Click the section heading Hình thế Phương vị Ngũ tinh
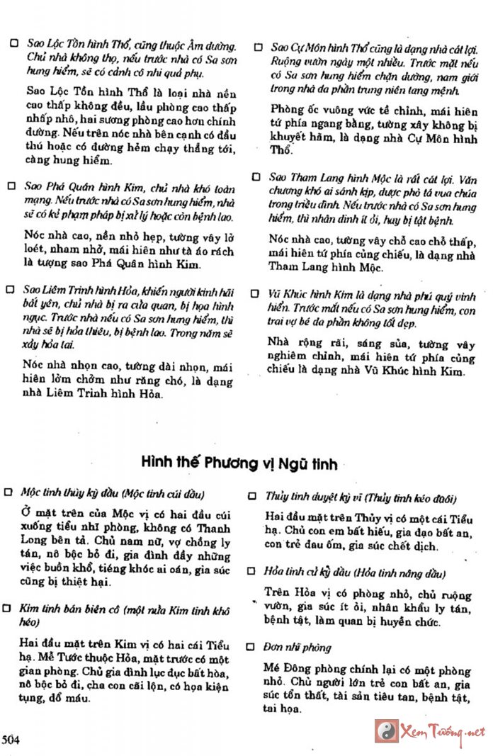[x=239, y=464]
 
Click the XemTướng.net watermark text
[x=443, y=731]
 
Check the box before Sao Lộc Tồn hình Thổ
[x=13, y=43]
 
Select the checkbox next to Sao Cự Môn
[x=259, y=47]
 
